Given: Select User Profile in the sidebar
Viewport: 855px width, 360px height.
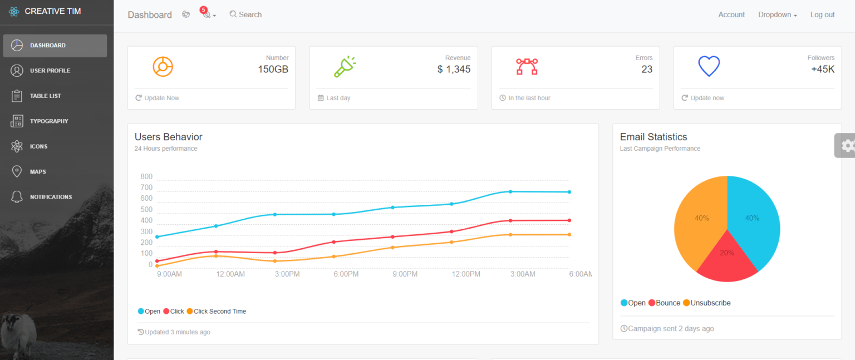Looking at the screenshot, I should click(x=50, y=71).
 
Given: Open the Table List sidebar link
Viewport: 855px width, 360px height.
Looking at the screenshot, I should click(x=45, y=96).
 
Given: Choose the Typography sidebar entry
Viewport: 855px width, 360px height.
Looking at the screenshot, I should click(x=49, y=121).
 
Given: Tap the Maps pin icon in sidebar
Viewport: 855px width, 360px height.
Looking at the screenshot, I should click(x=17, y=171).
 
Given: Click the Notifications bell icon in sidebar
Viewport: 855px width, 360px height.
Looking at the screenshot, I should click(x=17, y=197).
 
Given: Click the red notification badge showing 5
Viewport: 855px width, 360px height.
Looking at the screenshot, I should click(x=203, y=10).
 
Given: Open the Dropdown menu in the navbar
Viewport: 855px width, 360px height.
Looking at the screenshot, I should click(x=777, y=15).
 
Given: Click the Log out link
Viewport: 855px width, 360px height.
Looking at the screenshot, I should click(x=822, y=15).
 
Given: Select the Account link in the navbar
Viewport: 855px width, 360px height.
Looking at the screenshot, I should click(x=731, y=15).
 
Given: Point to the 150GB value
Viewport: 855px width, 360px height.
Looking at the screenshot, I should click(x=273, y=70).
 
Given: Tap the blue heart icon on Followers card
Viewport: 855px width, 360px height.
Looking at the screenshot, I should click(x=709, y=67).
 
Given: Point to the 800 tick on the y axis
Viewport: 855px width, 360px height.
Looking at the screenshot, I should click(x=146, y=177).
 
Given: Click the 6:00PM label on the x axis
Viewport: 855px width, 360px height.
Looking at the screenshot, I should click(x=346, y=274).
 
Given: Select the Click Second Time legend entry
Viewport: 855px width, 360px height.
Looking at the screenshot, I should click(x=219, y=312).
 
